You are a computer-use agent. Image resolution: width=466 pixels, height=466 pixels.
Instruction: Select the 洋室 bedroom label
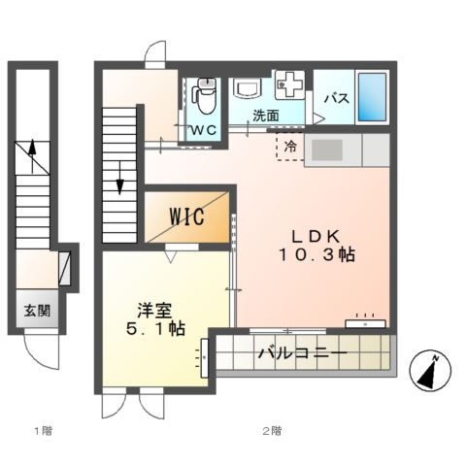pyautogui.click(x=155, y=311)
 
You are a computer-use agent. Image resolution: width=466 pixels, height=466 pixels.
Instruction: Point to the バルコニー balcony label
pyautogui.click(x=302, y=352)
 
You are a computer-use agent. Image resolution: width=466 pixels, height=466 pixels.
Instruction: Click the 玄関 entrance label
pyautogui.click(x=38, y=312)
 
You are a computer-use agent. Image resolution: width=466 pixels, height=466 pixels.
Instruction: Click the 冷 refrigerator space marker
pyautogui.click(x=290, y=148)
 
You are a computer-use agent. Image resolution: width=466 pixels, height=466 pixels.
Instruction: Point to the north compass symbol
pyautogui.click(x=429, y=370)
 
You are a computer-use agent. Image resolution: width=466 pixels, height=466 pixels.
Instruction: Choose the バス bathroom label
pyautogui.click(x=336, y=98)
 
